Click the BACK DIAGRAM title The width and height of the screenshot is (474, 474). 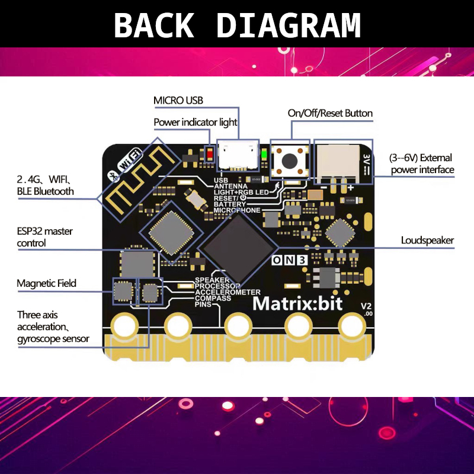[237, 25]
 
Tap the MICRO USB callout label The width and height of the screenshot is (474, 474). [178, 100]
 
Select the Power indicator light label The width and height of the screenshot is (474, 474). [195, 122]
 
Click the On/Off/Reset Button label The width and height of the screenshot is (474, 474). [330, 113]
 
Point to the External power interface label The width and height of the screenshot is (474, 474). [421, 164]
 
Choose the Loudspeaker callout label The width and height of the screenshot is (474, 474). [427, 240]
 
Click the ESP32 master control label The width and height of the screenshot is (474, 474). [45, 237]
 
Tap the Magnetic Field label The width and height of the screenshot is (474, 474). [46, 283]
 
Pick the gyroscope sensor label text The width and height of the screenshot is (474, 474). [53, 338]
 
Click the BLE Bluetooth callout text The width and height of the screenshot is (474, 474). [46, 191]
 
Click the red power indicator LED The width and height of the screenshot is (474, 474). [209, 155]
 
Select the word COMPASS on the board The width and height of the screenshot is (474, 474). [213, 298]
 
